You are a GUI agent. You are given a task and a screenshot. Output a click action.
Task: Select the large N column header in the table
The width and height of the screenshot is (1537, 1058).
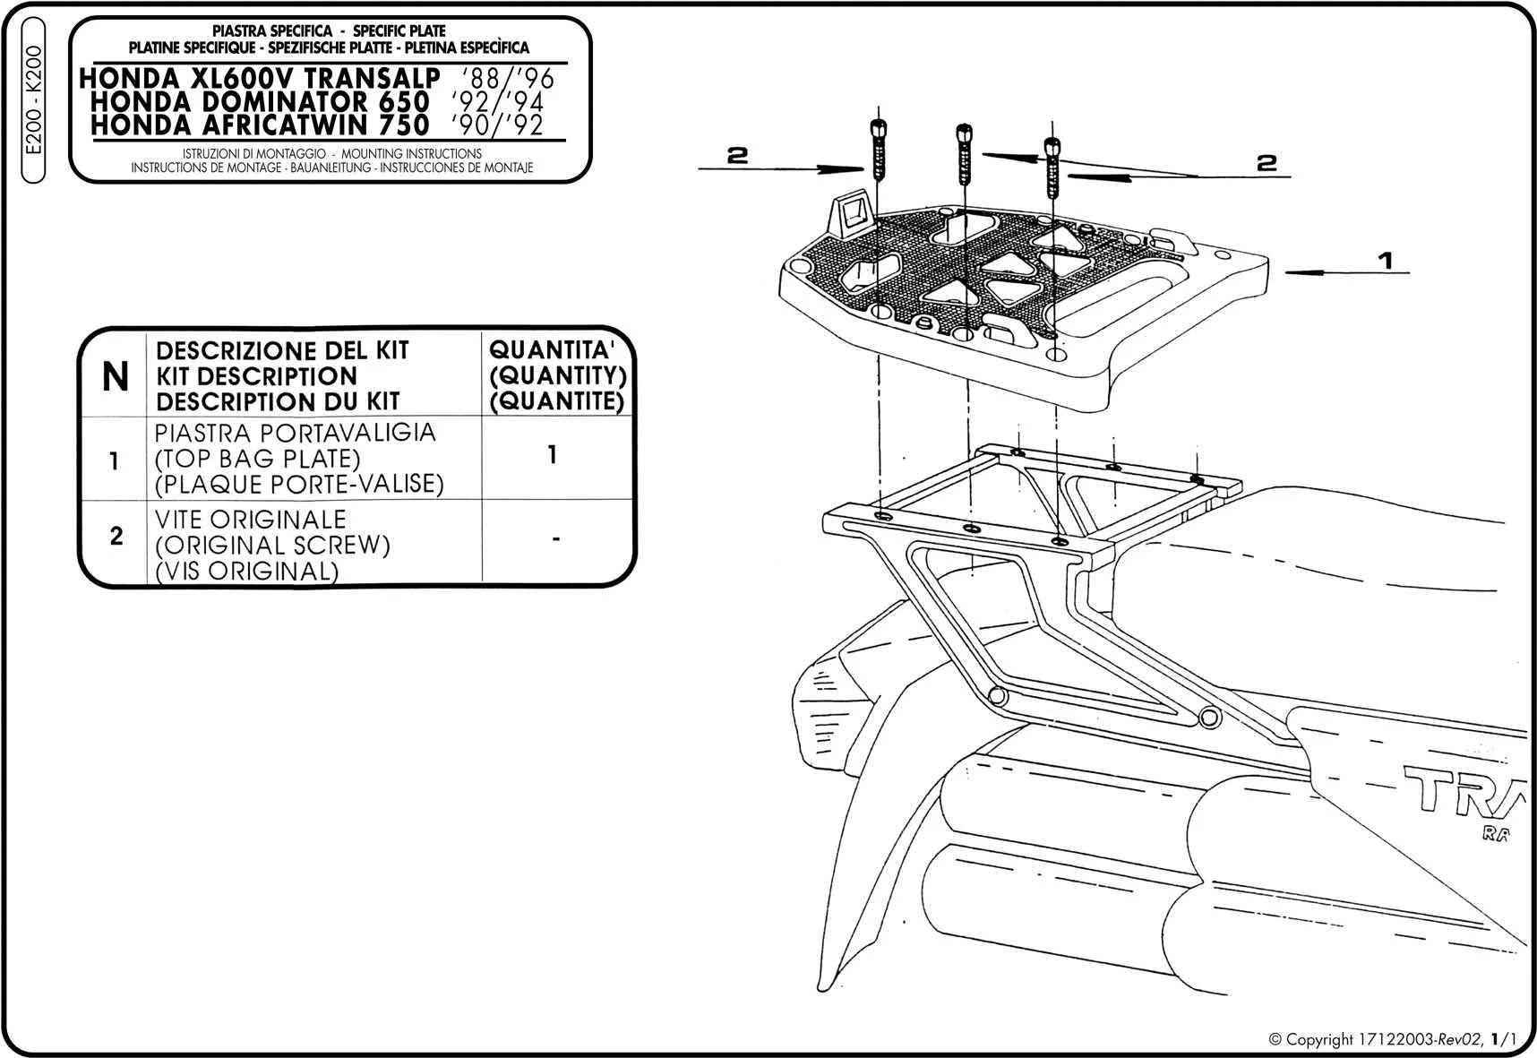pos(116,377)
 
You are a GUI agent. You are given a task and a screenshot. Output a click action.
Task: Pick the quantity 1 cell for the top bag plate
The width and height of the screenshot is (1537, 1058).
pos(553,455)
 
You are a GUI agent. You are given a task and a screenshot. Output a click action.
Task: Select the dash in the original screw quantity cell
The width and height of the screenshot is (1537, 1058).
pos(556,540)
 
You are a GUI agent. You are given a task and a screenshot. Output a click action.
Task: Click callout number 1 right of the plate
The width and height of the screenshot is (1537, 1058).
pos(1385,261)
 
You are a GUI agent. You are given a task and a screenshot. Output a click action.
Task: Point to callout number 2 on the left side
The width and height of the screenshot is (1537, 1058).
pos(736,155)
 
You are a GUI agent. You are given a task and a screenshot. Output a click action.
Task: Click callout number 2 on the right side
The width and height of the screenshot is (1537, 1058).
pos(1266,162)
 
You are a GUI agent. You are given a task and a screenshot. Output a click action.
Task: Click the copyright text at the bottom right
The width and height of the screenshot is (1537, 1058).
pos(1393,1039)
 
